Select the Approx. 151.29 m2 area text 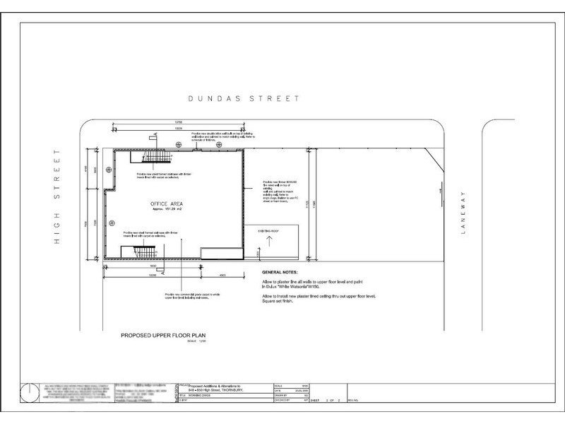[x=167, y=210]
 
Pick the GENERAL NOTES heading [x=280, y=272]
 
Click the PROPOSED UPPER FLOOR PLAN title [x=160, y=336]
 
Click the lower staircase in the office [x=143, y=252]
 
